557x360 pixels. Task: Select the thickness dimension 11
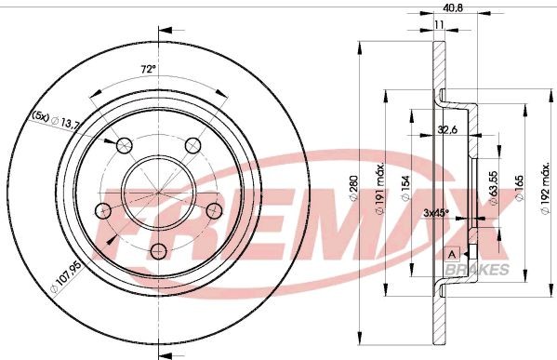[437, 27]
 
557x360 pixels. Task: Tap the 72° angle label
[146, 70]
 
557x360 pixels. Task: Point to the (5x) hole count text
[40, 116]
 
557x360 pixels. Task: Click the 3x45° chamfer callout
[435, 213]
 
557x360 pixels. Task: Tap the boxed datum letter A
[452, 253]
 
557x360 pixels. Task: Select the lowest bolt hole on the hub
[159, 249]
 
